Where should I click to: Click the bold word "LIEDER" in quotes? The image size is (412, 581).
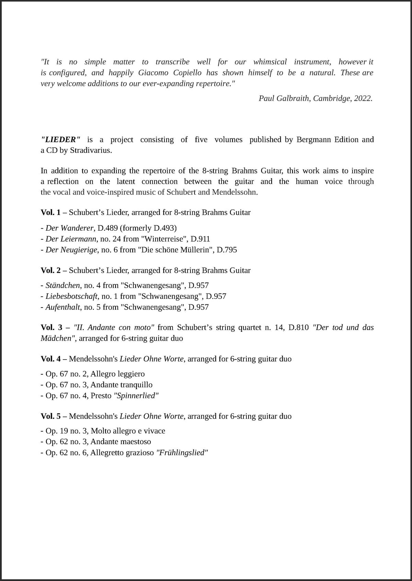click(x=61, y=140)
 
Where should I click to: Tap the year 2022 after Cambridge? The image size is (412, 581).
click(x=363, y=98)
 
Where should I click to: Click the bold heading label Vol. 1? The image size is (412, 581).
click(x=50, y=212)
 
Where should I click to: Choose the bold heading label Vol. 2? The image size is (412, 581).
click(x=50, y=270)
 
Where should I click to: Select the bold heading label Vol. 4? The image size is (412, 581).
click(x=50, y=359)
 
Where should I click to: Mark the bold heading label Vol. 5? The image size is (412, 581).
click(x=50, y=416)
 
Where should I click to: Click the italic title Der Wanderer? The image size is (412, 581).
click(x=69, y=228)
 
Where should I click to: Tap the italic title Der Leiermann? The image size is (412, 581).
click(x=71, y=239)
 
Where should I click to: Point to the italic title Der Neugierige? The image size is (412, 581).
click(x=71, y=250)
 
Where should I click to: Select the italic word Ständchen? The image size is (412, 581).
click(x=62, y=285)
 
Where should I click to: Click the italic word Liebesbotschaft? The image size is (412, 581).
click(x=71, y=296)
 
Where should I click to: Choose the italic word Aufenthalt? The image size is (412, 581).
click(x=62, y=307)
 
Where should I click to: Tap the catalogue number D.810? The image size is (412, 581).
click(x=298, y=327)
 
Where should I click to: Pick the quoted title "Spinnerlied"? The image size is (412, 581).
click(x=136, y=396)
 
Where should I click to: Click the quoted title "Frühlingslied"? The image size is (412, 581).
click(x=182, y=452)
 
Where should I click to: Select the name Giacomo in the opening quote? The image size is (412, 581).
click(x=153, y=73)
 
